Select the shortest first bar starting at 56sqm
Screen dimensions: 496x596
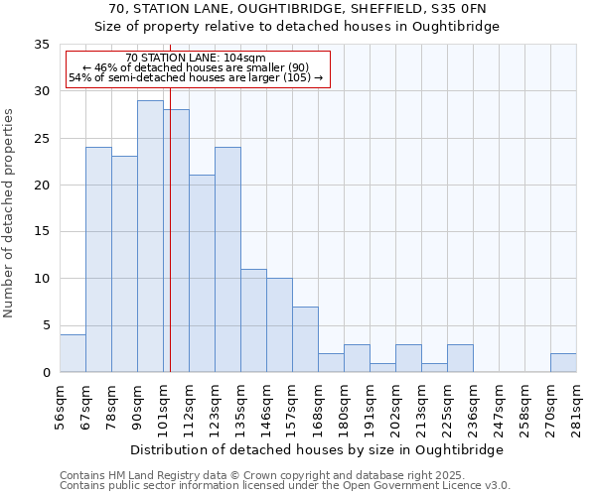click(x=73, y=353)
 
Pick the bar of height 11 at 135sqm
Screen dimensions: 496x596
click(x=253, y=320)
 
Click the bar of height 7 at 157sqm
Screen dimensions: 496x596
click(x=305, y=339)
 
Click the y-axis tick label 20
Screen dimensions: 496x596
click(x=41, y=186)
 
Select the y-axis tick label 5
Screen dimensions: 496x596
click(x=45, y=325)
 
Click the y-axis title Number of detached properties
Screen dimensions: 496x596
click(x=9, y=213)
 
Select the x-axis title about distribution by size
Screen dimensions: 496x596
click(x=318, y=449)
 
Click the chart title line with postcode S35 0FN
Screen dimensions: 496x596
click(x=298, y=9)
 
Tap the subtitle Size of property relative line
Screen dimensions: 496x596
click(x=298, y=27)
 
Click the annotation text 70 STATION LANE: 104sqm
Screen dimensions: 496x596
click(x=197, y=59)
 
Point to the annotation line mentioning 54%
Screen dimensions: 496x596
click(x=197, y=77)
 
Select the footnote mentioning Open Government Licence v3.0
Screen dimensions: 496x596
click(x=285, y=485)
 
